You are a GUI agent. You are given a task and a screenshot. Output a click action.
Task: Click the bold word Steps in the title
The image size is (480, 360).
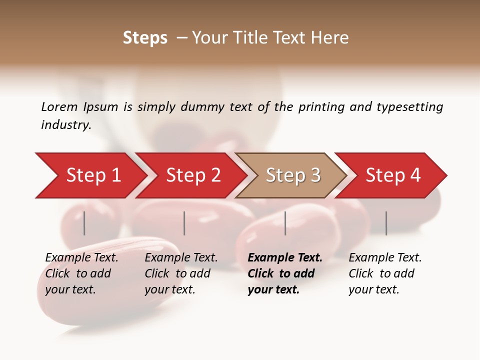pyautogui.click(x=145, y=38)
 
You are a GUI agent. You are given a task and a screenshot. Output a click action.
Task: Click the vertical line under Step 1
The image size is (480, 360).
pyautogui.click(x=84, y=223)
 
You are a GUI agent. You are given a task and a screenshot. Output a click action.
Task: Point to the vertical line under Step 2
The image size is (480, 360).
pyautogui.click(x=184, y=223)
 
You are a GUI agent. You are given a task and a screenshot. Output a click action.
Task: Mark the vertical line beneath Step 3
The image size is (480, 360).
pyautogui.click(x=285, y=223)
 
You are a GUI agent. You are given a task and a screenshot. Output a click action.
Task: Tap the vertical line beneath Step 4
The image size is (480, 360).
pyautogui.click(x=386, y=223)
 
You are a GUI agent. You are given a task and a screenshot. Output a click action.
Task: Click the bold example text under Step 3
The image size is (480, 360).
pyautogui.click(x=284, y=273)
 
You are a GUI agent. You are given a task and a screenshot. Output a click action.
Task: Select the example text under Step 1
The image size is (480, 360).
pyautogui.click(x=81, y=273)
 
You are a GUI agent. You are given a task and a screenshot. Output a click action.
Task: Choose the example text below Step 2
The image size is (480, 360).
pyautogui.click(x=181, y=273)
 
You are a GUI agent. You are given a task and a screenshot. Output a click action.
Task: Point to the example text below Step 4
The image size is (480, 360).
pyautogui.click(x=385, y=273)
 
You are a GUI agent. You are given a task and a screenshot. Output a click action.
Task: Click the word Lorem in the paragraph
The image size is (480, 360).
pyautogui.click(x=59, y=107)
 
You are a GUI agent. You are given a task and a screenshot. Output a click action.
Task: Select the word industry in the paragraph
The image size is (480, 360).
pyautogui.click(x=65, y=125)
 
